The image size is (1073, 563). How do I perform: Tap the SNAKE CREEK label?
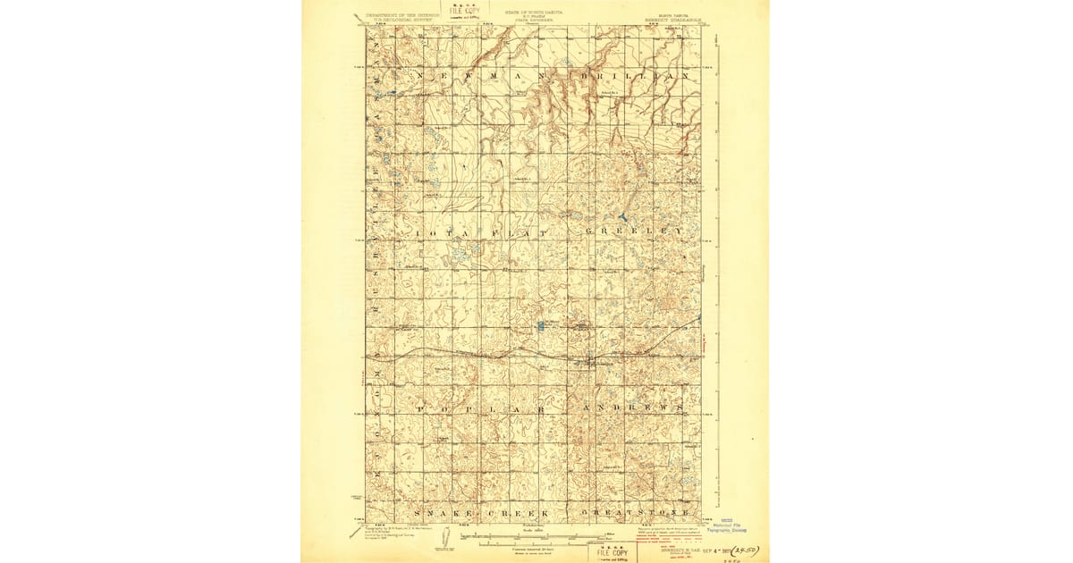coord(476,513)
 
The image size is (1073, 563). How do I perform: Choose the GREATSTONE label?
coord(637,513)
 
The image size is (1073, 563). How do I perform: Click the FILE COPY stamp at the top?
coord(465,12)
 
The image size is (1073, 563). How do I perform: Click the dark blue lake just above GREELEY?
coord(622,217)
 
